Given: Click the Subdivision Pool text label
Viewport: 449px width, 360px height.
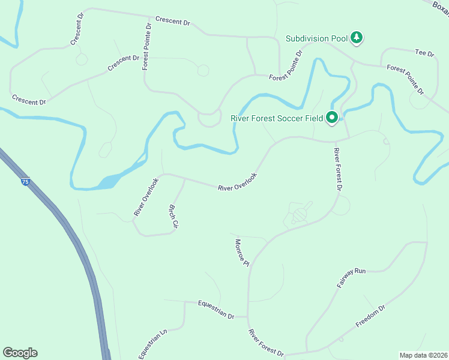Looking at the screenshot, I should (x=316, y=38).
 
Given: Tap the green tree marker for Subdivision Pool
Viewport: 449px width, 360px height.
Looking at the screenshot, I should (x=357, y=38).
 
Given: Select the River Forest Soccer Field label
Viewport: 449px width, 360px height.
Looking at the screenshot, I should (x=277, y=118).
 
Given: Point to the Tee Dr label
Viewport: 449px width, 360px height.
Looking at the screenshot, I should (x=424, y=53).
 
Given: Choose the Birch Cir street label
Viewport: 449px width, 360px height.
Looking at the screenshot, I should (x=173, y=216).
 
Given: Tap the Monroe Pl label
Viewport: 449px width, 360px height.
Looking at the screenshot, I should (x=241, y=251).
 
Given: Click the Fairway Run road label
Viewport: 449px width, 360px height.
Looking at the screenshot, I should (x=351, y=278).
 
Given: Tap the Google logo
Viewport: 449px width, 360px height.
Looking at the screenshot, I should (x=20, y=353).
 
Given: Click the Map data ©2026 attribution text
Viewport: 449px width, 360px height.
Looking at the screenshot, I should (x=423, y=355).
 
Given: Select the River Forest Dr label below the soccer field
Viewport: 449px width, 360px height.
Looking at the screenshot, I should (x=337, y=170).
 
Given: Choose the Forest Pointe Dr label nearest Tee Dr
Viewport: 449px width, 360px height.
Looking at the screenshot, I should (x=405, y=80).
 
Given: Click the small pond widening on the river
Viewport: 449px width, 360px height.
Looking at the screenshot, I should (x=108, y=181).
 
